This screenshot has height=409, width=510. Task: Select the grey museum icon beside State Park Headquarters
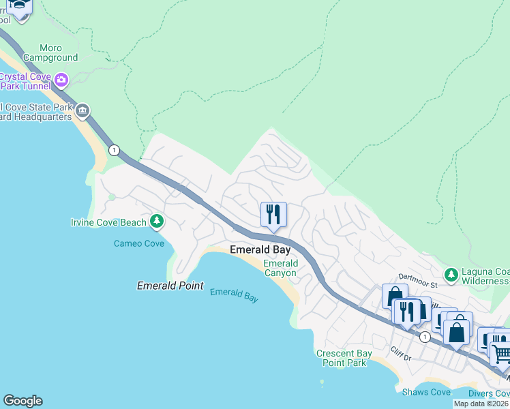click(82, 110)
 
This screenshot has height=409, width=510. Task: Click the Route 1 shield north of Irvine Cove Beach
click(114, 150)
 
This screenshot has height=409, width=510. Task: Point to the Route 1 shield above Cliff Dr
click(425, 337)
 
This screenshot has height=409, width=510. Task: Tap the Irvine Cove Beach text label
click(108, 222)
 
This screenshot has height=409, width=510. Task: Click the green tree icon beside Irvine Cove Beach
click(157, 221)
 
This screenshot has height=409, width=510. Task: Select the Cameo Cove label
click(138, 243)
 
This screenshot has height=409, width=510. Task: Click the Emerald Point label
click(170, 286)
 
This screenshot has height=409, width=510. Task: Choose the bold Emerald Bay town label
click(260, 249)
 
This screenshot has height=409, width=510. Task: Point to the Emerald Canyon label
click(280, 268)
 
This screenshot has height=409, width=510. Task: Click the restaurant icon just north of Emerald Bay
click(273, 214)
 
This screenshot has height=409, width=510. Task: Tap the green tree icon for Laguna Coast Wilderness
click(450, 275)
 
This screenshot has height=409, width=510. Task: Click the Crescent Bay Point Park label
click(344, 358)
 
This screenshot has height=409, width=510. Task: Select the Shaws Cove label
click(425, 391)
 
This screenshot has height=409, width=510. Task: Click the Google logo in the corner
click(22, 401)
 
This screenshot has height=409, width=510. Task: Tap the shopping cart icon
click(501, 352)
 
